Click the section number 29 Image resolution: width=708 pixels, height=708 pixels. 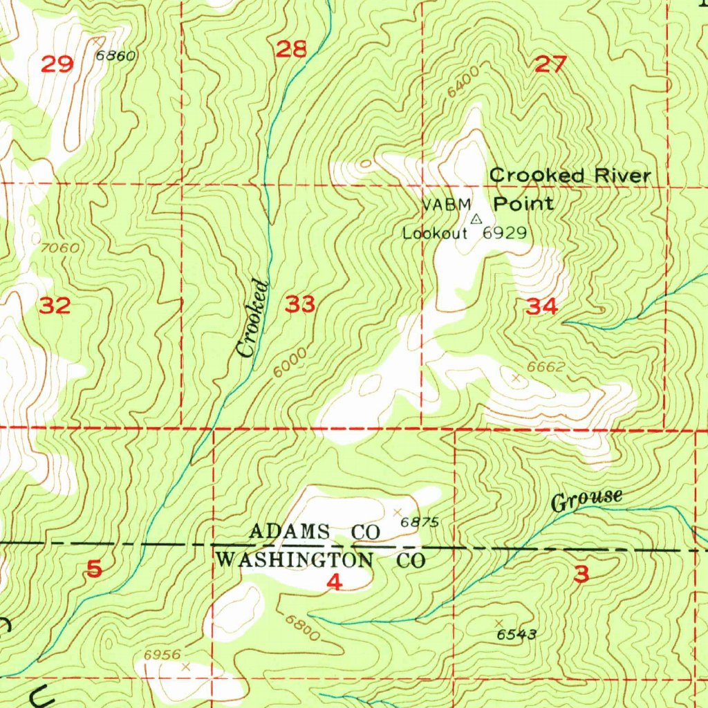[57, 65]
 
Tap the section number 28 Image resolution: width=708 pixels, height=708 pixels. [290, 49]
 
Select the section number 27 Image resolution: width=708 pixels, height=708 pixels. [551, 66]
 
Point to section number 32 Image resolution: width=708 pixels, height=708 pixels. [55, 305]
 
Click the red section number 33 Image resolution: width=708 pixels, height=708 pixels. [301, 304]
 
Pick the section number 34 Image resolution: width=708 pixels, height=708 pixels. [541, 307]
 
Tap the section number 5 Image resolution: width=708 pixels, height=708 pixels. [95, 569]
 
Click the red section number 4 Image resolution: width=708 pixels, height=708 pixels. [334, 583]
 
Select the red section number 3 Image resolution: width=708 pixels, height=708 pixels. [581, 573]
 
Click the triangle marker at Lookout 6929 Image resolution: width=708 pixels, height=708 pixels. [476, 219]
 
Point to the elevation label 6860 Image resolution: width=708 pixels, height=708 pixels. [115, 56]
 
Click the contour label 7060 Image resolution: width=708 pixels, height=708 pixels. [59, 248]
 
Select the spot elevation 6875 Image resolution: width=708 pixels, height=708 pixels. [420, 522]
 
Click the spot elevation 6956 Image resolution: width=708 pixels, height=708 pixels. [162, 654]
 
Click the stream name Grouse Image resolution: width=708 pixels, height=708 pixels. [587, 499]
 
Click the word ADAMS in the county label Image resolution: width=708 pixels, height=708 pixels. [290, 532]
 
